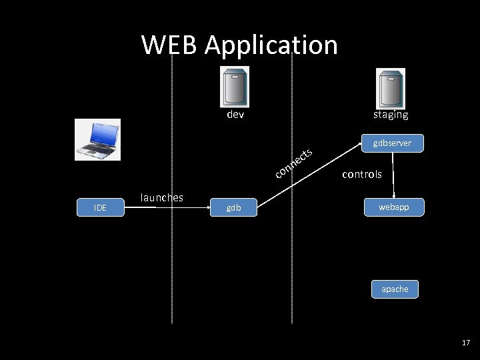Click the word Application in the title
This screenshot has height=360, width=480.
click(x=271, y=45)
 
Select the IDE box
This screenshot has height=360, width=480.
click(x=100, y=208)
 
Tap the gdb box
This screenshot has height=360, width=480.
click(x=233, y=208)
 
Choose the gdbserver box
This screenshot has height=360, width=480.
click(x=392, y=143)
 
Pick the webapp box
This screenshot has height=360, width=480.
click(x=393, y=207)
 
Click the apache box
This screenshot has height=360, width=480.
click(x=395, y=289)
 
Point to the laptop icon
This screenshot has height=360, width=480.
click(x=97, y=139)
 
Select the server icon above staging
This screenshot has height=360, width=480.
click(x=391, y=87)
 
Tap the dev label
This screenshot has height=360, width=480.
click(x=235, y=115)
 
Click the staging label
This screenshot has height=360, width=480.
click(x=391, y=115)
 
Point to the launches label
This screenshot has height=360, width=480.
click(x=161, y=197)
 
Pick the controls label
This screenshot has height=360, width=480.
click(x=362, y=174)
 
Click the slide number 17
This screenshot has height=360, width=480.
click(x=465, y=343)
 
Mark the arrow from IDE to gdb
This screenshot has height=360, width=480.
click(x=167, y=208)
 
